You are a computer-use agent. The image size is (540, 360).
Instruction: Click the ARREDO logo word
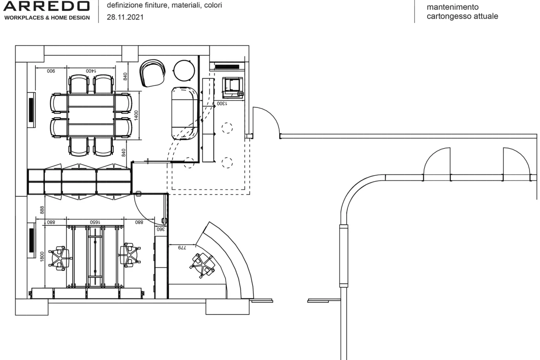pyautogui.click(x=46, y=6)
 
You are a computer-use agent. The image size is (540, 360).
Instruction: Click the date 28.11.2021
pyautogui.click(x=125, y=17)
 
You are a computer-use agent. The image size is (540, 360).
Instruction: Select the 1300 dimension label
pyautogui.click(x=222, y=104)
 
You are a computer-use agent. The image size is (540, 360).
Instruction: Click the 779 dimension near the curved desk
pyautogui.click(x=182, y=248)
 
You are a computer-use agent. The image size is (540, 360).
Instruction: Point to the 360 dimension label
pyautogui.click(x=161, y=229)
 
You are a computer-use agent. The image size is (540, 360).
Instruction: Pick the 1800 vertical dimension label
pyautogui.click(x=42, y=256)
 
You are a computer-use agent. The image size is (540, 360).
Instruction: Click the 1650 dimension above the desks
pyautogui.click(x=95, y=222)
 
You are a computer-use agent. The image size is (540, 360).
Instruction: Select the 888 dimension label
pyautogui.click(x=42, y=210)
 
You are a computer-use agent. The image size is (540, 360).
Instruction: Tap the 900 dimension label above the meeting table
pyautogui.click(x=51, y=71)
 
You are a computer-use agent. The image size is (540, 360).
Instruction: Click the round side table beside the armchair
pyautogui.click(x=184, y=70)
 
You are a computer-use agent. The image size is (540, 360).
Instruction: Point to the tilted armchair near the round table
pyautogui.click(x=152, y=73)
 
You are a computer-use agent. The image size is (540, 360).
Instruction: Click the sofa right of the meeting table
pyautogui.click(x=185, y=113)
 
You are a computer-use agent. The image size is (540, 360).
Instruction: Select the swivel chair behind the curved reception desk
pyautogui.click(x=203, y=265)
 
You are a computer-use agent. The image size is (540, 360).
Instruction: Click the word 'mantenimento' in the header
pyautogui.click(x=452, y=7)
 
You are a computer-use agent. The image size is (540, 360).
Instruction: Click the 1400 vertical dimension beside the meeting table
pyautogui.click(x=136, y=115)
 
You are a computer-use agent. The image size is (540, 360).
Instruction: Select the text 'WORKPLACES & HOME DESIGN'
pyautogui.click(x=47, y=18)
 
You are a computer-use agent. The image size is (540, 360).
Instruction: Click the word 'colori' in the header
pyautogui.click(x=213, y=5)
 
